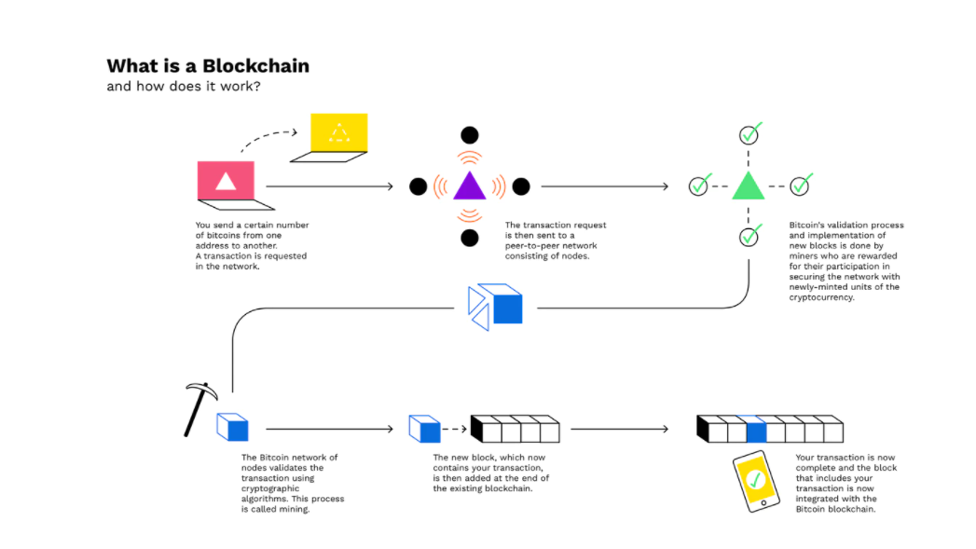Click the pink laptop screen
click(x=226, y=180)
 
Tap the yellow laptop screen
click(x=338, y=133)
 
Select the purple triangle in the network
click(x=469, y=186)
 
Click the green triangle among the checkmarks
click(x=748, y=186)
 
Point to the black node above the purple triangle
click(x=470, y=135)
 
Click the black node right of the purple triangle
click(x=521, y=186)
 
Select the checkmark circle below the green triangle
click(x=749, y=237)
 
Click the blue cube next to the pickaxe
click(x=234, y=428)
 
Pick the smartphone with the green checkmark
click(x=756, y=481)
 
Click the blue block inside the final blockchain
click(x=755, y=430)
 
